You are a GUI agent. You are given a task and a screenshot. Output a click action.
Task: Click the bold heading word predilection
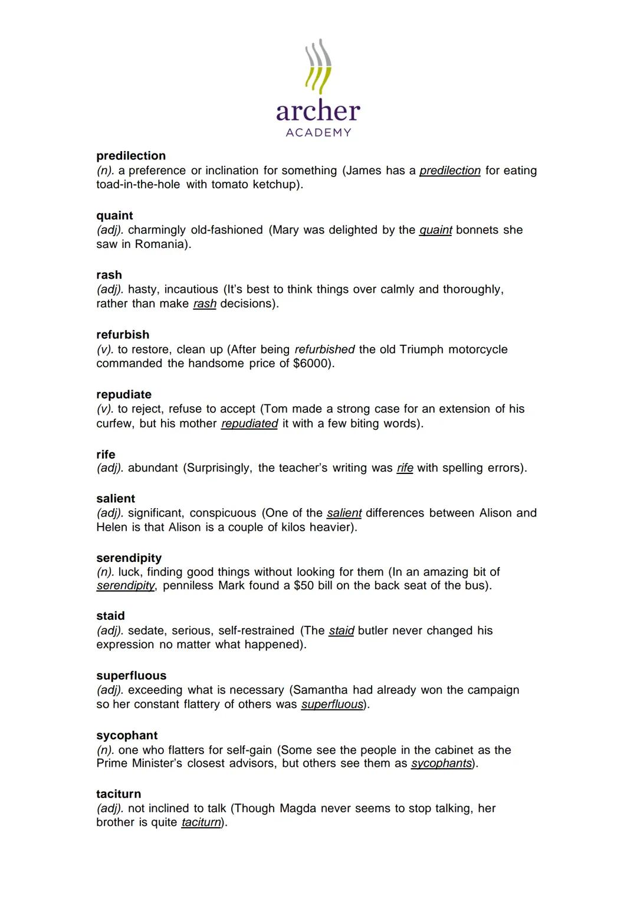click(x=131, y=156)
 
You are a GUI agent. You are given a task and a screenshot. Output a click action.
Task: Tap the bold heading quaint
click(x=114, y=215)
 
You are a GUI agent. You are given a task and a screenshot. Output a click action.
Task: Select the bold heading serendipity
click(x=129, y=558)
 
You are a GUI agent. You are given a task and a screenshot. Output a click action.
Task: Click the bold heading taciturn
click(x=119, y=794)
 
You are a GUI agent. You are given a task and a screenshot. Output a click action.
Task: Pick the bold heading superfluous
click(x=131, y=675)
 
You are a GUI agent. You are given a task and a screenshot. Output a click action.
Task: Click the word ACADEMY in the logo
click(x=318, y=133)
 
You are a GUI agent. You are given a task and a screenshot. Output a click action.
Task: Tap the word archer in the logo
click(x=318, y=111)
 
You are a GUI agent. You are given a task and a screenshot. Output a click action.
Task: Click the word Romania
click(x=161, y=244)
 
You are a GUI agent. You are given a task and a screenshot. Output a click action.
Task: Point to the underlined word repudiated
click(x=249, y=424)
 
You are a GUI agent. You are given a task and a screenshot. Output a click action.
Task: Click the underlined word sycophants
click(x=441, y=763)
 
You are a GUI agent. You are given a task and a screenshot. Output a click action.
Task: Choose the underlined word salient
click(x=344, y=513)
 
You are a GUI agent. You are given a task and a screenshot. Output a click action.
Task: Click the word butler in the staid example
click(x=373, y=630)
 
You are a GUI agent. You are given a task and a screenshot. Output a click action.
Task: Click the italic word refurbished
click(x=324, y=349)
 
